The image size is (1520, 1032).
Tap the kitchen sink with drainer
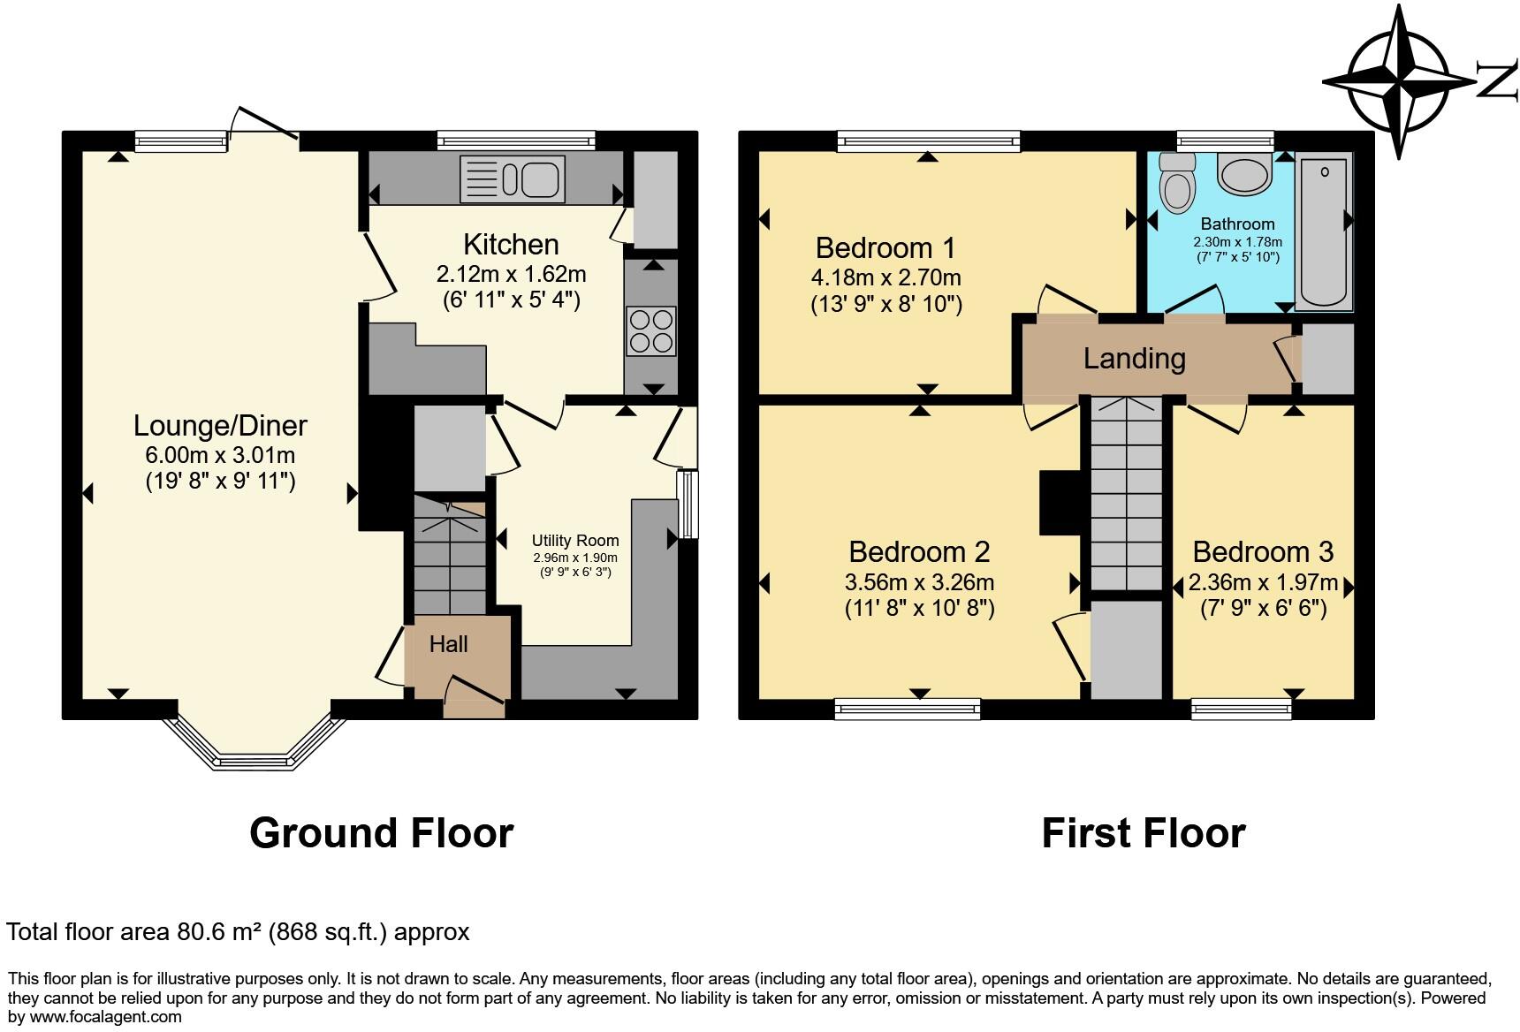pyautogui.click(x=512, y=178)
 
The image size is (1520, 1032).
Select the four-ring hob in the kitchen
pyautogui.click(x=651, y=330)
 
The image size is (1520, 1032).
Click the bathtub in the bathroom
pyautogui.click(x=1323, y=231)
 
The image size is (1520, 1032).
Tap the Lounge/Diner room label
pyautogui.click(x=220, y=426)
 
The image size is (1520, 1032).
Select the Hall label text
pyautogui.click(x=449, y=644)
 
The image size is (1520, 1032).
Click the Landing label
pyautogui.click(x=1134, y=358)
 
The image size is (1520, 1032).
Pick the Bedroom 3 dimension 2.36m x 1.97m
pyautogui.click(x=1263, y=583)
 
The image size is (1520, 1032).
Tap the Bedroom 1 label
pyautogui.click(x=885, y=247)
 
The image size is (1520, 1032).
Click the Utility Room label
pyautogui.click(x=575, y=541)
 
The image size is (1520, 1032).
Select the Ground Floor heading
pyautogui.click(x=381, y=832)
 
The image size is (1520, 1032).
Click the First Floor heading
pyautogui.click(x=1143, y=832)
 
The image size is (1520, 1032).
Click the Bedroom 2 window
pyautogui.click(x=908, y=707)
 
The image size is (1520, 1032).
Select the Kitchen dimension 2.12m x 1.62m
pyautogui.click(x=511, y=274)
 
